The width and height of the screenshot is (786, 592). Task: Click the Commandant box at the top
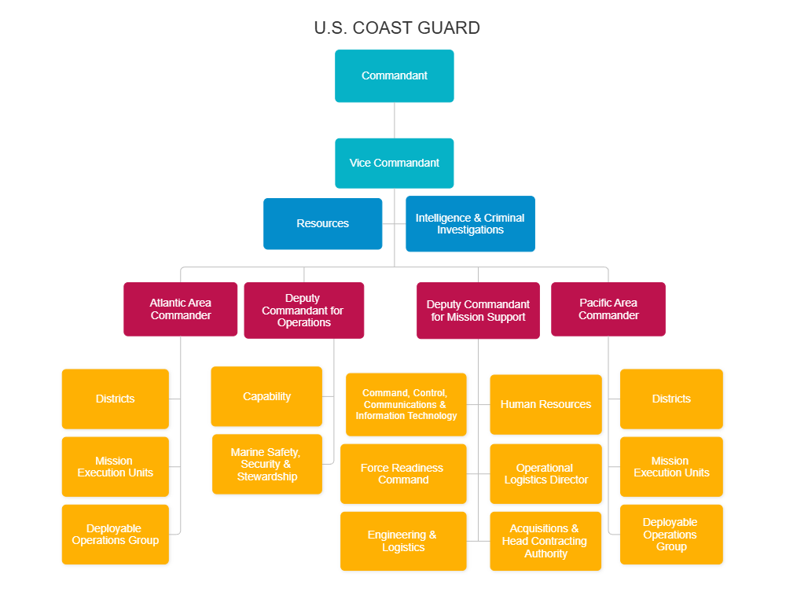(x=394, y=76)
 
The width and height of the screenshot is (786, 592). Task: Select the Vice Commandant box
(x=394, y=164)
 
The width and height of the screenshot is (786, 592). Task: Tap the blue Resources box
(x=322, y=224)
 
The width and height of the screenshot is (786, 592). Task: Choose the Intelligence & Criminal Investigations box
(x=470, y=224)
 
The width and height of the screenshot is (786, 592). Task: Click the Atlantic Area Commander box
(x=180, y=309)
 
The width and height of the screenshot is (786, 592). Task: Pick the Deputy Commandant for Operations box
(x=303, y=311)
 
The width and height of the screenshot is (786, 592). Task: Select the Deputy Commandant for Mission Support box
(x=478, y=311)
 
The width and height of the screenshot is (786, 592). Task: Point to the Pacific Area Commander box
(x=608, y=309)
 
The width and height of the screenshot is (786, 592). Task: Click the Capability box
(x=266, y=397)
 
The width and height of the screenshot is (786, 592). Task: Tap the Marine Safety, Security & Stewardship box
(x=266, y=465)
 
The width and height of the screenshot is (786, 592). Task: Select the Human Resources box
(x=545, y=405)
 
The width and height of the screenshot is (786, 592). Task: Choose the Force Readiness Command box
(x=403, y=474)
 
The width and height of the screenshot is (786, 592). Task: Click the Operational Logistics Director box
(x=545, y=474)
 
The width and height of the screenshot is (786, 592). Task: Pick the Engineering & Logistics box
(x=403, y=542)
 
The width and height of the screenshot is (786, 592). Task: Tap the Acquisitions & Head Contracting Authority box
(x=545, y=542)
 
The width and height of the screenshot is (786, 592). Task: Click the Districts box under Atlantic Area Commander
(x=116, y=399)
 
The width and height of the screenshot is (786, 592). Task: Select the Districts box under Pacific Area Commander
(x=671, y=399)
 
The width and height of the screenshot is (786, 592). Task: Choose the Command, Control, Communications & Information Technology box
(x=406, y=405)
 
